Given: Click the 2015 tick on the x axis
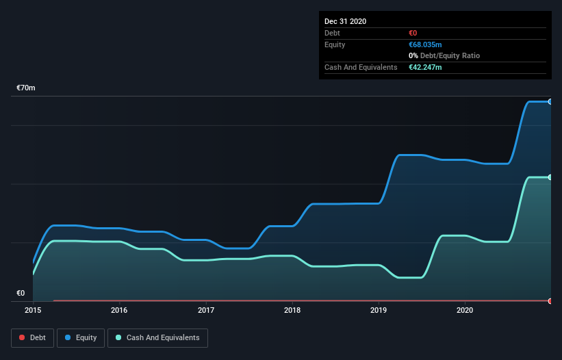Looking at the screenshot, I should pyautogui.click(x=33, y=311).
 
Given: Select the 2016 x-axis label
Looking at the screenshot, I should pyautogui.click(x=119, y=311).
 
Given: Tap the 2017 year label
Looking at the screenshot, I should pyautogui.click(x=205, y=311).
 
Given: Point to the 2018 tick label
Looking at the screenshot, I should pyautogui.click(x=292, y=311).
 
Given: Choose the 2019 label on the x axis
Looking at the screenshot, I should pyautogui.click(x=379, y=311).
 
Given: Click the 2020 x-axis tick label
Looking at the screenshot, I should pyautogui.click(x=465, y=311).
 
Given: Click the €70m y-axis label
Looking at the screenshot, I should pyautogui.click(x=26, y=88).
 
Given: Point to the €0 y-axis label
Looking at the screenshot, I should pyautogui.click(x=21, y=294).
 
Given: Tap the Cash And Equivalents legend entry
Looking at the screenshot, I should pyautogui.click(x=157, y=337).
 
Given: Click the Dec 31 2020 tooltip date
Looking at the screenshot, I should pyautogui.click(x=345, y=21).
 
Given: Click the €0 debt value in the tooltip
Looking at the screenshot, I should pyautogui.click(x=413, y=33).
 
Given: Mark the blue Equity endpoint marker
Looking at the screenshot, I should pyautogui.click(x=550, y=101).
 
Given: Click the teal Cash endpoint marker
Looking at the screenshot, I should pyautogui.click(x=550, y=177).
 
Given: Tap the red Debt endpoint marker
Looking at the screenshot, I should pyautogui.click(x=550, y=301).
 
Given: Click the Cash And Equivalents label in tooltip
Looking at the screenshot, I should pyautogui.click(x=361, y=67).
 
